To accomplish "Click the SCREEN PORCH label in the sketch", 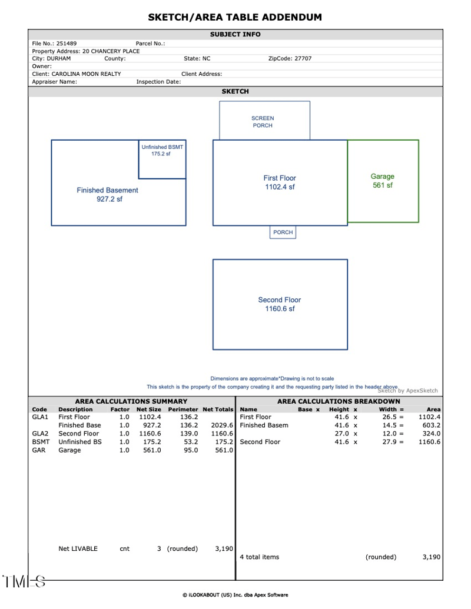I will click(x=263, y=122).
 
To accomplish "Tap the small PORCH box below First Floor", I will click(x=283, y=232).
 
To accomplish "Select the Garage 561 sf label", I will click(x=383, y=181).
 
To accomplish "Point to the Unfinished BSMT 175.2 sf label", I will click(x=162, y=150).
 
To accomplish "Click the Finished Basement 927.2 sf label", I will click(x=107, y=195).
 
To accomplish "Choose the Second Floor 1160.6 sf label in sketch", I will click(x=280, y=304).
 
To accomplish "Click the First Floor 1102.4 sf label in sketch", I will click(x=280, y=182).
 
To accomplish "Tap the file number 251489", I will click(x=67, y=44).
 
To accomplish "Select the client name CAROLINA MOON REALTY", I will click(x=86, y=74).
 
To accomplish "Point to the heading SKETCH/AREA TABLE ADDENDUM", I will click(x=235, y=17).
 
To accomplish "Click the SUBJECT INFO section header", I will click(x=235, y=35).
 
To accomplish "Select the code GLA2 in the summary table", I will click(x=40, y=434).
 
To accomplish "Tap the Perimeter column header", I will click(x=183, y=409).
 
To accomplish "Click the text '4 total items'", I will click(x=260, y=557).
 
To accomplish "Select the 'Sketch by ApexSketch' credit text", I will click(x=407, y=391).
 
